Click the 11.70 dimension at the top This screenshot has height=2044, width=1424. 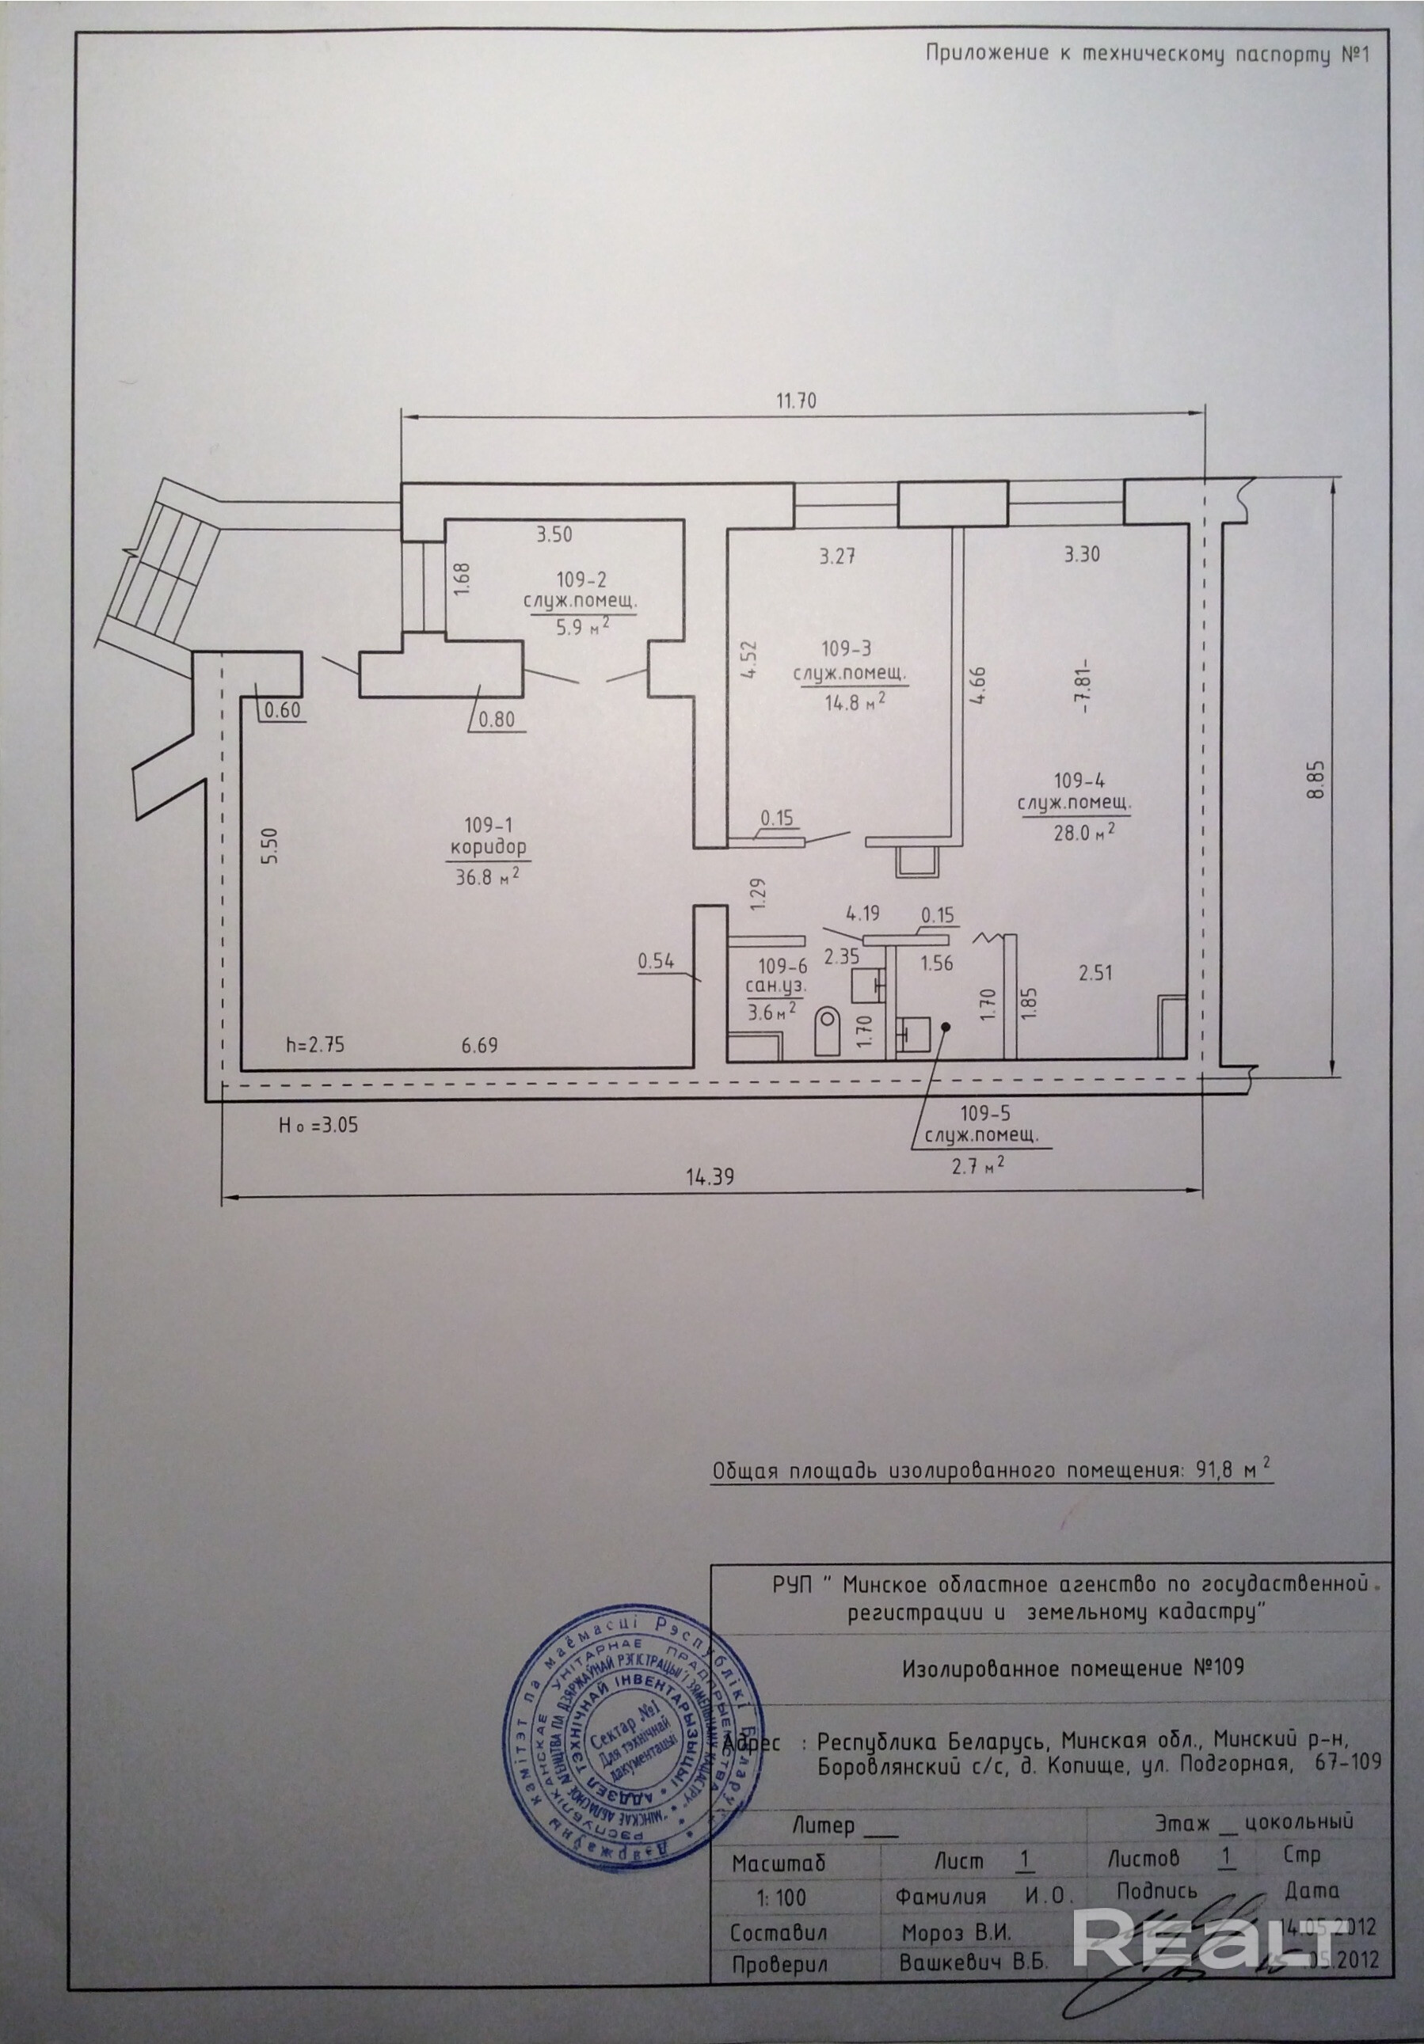click(795, 401)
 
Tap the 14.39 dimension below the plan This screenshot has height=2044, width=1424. click(709, 1176)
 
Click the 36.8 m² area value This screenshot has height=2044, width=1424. click(487, 878)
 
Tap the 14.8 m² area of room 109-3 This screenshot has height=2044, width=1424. click(852, 701)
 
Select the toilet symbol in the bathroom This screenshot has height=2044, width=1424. click(828, 1030)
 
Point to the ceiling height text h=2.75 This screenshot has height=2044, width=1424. click(314, 1045)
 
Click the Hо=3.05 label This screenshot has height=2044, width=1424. click(318, 1125)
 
